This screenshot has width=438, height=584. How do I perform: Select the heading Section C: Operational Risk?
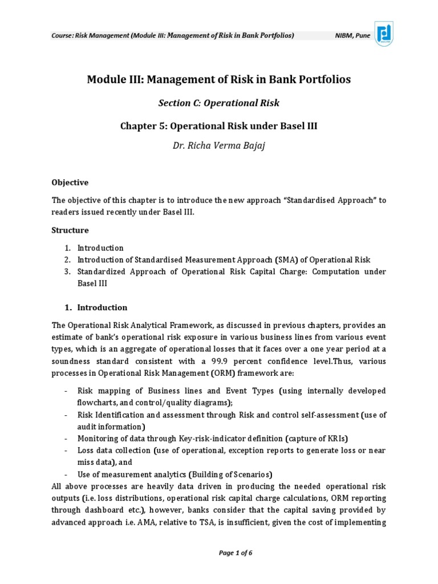tap(218, 103)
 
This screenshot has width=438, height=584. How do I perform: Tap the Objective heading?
tap(70, 182)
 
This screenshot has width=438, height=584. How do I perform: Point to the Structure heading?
tap(70, 230)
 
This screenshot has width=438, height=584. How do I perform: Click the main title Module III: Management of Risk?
tap(218, 79)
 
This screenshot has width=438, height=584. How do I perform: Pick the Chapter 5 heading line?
tap(218, 125)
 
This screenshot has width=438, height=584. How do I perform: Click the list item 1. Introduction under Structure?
tap(100, 248)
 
